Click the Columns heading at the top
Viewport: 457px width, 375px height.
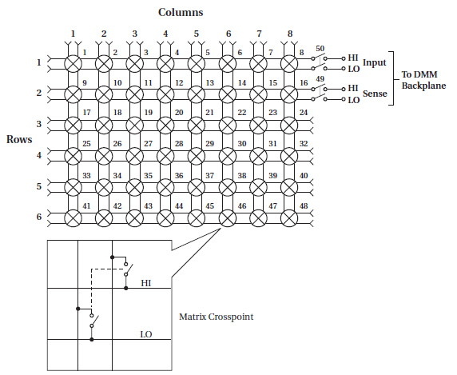tap(181, 12)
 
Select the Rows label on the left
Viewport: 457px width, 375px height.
tap(19, 139)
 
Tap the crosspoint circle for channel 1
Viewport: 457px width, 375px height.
tap(73, 64)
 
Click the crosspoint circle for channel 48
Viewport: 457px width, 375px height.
tap(289, 217)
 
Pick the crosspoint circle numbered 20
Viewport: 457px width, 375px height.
tap(165, 125)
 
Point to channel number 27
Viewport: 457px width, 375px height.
tap(148, 144)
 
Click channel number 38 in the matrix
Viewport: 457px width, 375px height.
tap(242, 176)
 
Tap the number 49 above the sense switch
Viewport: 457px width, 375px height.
tap(320, 79)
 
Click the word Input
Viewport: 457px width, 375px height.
tap(374, 62)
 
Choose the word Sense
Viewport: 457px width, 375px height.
tap(375, 94)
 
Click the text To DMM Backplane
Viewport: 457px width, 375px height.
tap(423, 80)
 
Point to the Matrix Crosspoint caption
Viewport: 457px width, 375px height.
tap(217, 317)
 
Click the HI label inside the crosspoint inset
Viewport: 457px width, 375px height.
tap(145, 283)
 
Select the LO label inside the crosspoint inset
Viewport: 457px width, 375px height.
tap(146, 334)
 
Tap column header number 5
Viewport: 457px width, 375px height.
tap(197, 34)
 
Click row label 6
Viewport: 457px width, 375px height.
tap(39, 217)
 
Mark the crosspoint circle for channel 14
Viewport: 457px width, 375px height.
tap(228, 94)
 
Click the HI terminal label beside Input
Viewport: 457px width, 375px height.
tap(352, 58)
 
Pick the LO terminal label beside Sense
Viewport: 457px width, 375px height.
tap(353, 100)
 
